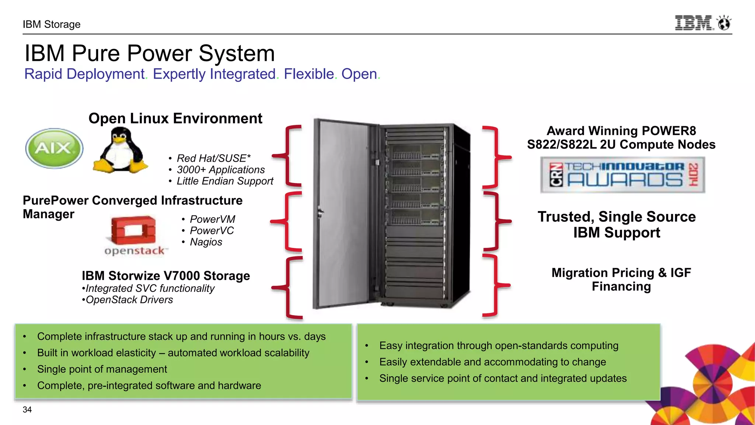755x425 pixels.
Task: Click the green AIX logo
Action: pos(54,148)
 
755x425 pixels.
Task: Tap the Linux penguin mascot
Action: pos(120,151)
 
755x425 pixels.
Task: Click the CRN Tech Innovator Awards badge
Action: pos(623,175)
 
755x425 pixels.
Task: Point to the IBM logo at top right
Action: pos(702,23)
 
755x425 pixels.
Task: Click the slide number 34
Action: pos(27,410)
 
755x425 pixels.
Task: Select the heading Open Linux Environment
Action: pos(175,118)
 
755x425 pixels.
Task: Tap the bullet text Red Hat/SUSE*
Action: pos(213,158)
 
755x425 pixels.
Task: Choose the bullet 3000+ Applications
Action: pos(220,170)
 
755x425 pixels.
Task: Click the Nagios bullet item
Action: pos(206,242)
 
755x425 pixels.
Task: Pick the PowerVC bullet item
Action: pos(212,231)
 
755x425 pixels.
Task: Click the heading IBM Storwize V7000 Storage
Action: pos(166,276)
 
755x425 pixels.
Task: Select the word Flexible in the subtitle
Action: pos(309,74)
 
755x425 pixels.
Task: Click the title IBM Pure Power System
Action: pos(150,53)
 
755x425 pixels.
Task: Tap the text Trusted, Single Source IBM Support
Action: pos(617,224)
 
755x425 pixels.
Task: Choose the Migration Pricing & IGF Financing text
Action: pos(621,279)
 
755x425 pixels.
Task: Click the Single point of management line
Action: pos(102,369)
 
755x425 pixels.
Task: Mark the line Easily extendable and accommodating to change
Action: pos(493,362)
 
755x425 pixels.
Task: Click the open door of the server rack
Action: pos(343,214)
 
